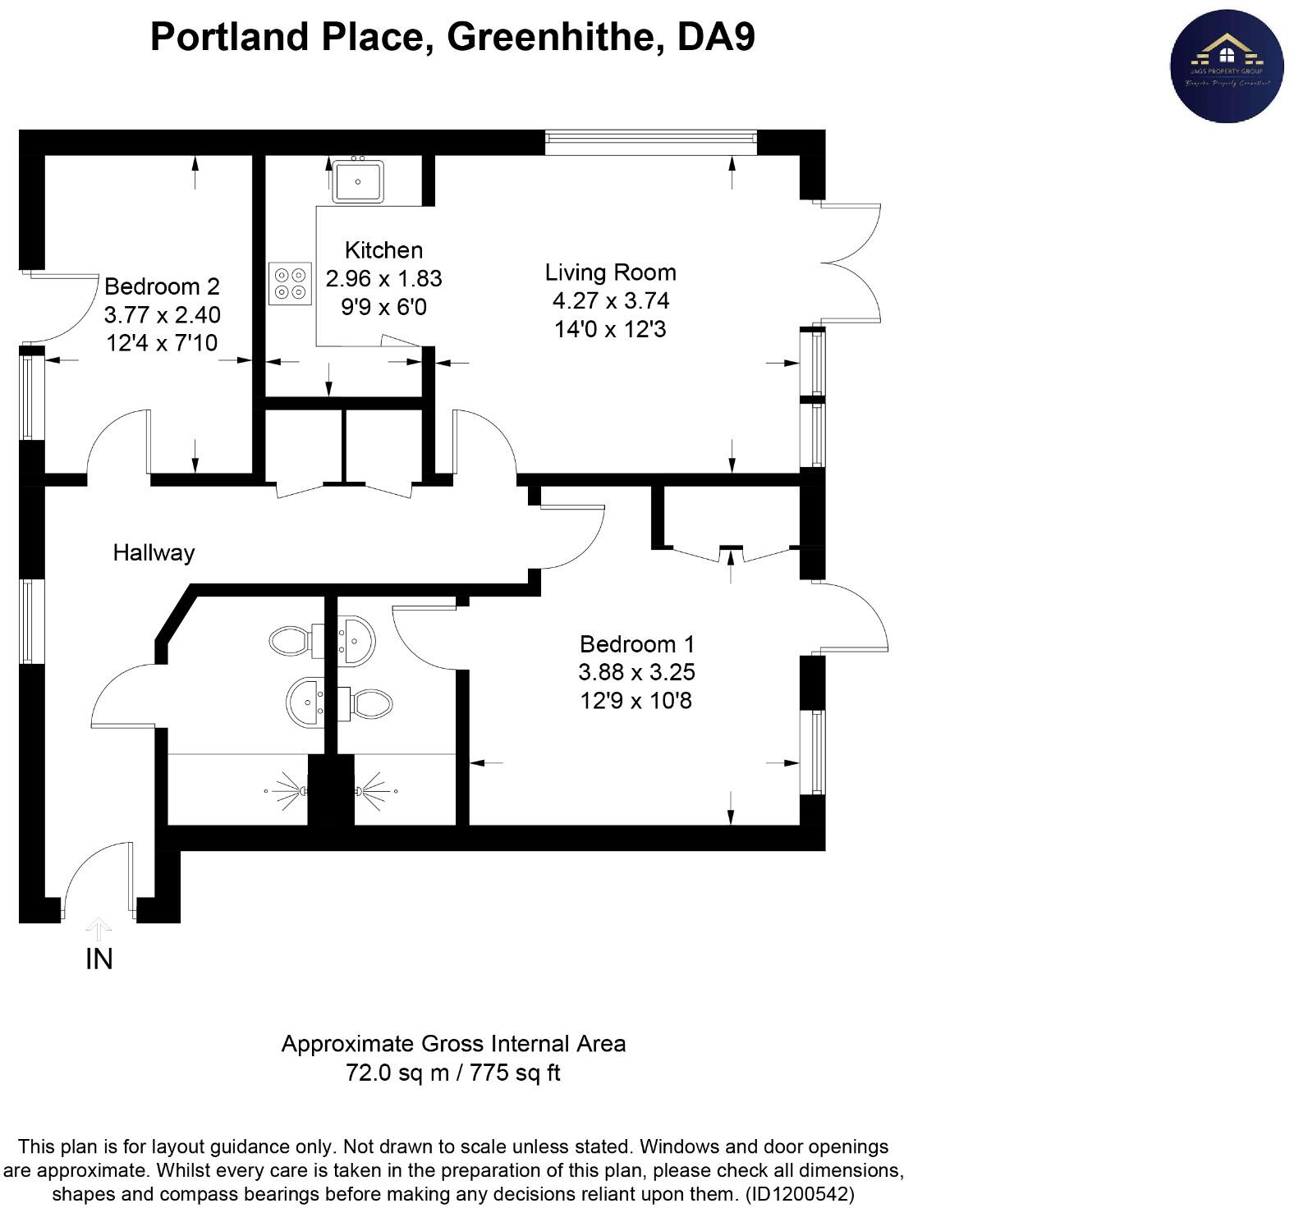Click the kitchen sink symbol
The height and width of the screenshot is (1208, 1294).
coord(358,181)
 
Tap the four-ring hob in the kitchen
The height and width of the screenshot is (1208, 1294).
coord(290,284)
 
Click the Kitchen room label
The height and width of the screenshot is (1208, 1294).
coord(383,250)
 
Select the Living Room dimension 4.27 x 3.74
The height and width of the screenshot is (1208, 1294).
coord(610,300)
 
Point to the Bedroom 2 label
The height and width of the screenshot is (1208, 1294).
coord(162,286)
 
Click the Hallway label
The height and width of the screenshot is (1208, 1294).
coord(154,552)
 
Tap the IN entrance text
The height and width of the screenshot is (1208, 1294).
coord(99,959)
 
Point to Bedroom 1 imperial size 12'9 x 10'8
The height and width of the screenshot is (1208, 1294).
coord(636,701)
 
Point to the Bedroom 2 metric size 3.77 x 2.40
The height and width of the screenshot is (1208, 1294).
coord(162,315)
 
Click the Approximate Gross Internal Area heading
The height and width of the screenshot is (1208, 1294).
coord(453,1044)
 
